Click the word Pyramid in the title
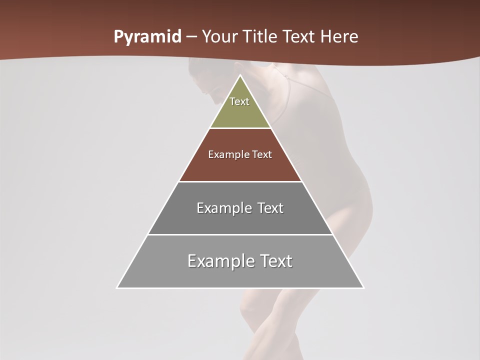[x=147, y=37]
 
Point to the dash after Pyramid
[x=191, y=37]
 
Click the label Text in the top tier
[x=239, y=101]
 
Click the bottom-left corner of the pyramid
[x=117, y=287]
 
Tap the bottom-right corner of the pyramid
[x=363, y=287]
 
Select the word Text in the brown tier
[x=261, y=154]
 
